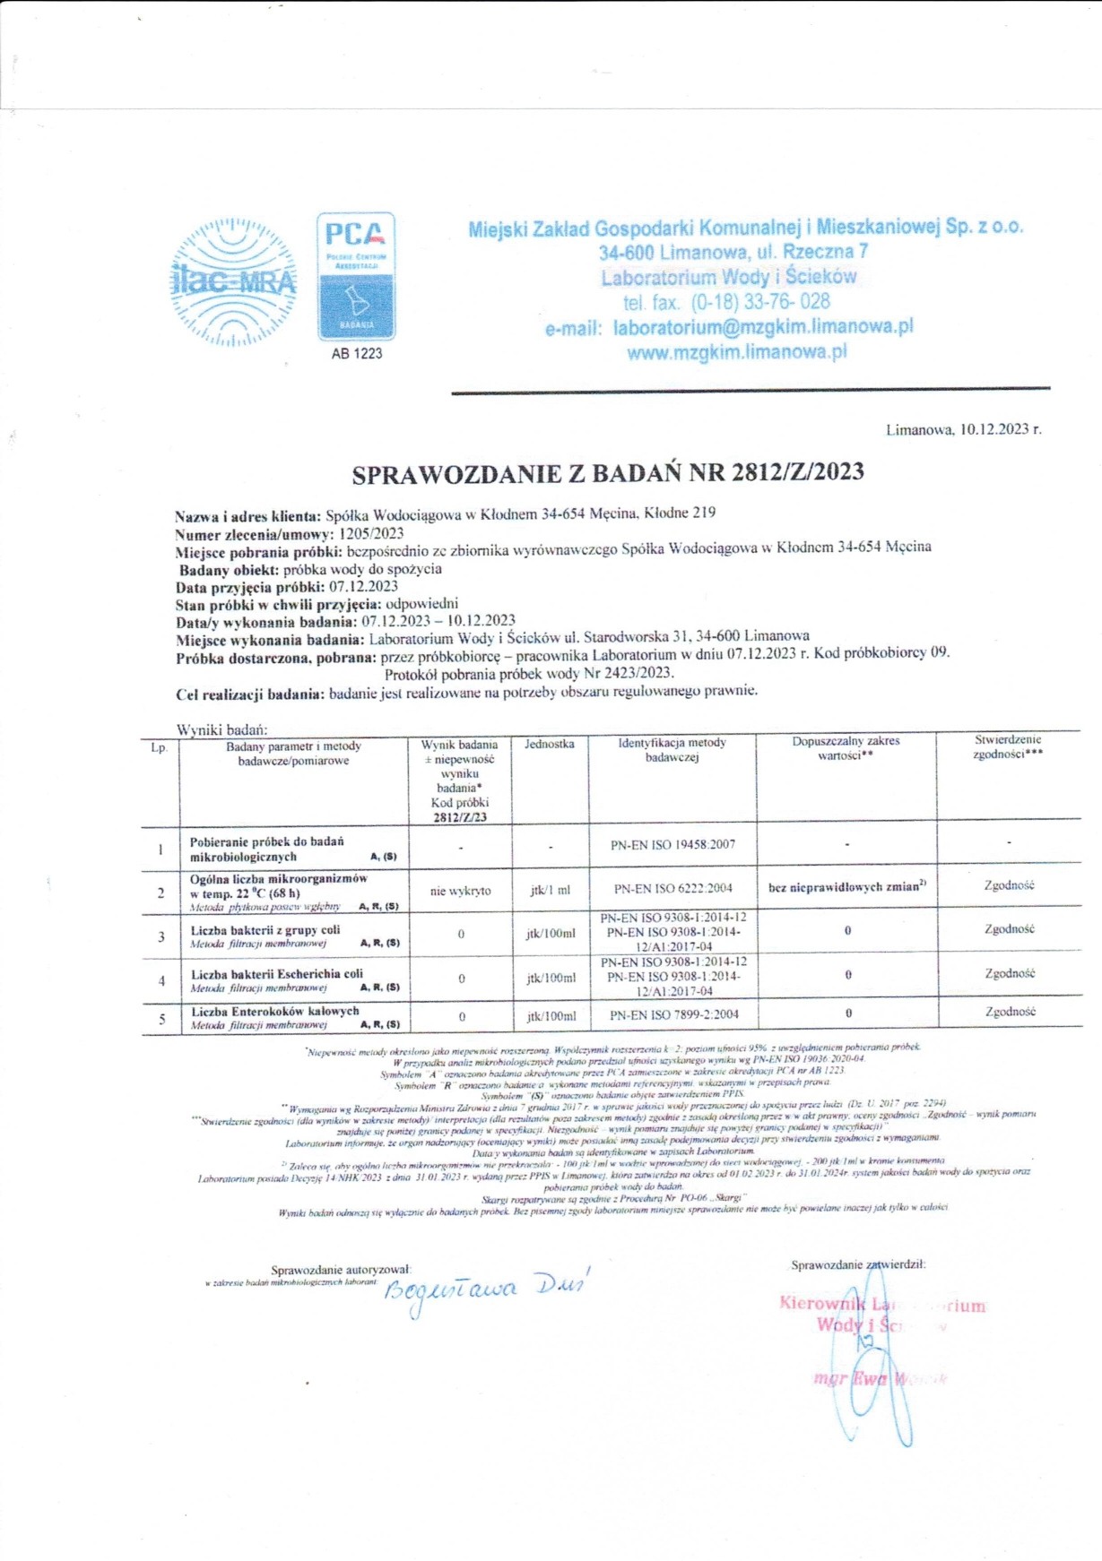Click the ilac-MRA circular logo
(233, 282)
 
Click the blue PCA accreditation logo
(356, 276)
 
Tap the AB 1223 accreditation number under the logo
(356, 353)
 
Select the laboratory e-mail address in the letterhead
(762, 327)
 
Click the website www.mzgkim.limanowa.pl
(736, 352)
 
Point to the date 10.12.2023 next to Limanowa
(994, 429)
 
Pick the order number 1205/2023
(371, 533)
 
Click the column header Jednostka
(549, 744)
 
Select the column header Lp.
(160, 746)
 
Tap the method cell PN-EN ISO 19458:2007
(672, 844)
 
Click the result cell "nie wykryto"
(460, 891)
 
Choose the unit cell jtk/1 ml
(550, 891)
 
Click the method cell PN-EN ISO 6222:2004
(672, 889)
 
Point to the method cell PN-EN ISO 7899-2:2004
(673, 1015)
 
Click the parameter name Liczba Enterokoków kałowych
(274, 1011)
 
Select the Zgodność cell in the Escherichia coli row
(1010, 973)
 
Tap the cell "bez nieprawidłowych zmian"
(846, 887)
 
